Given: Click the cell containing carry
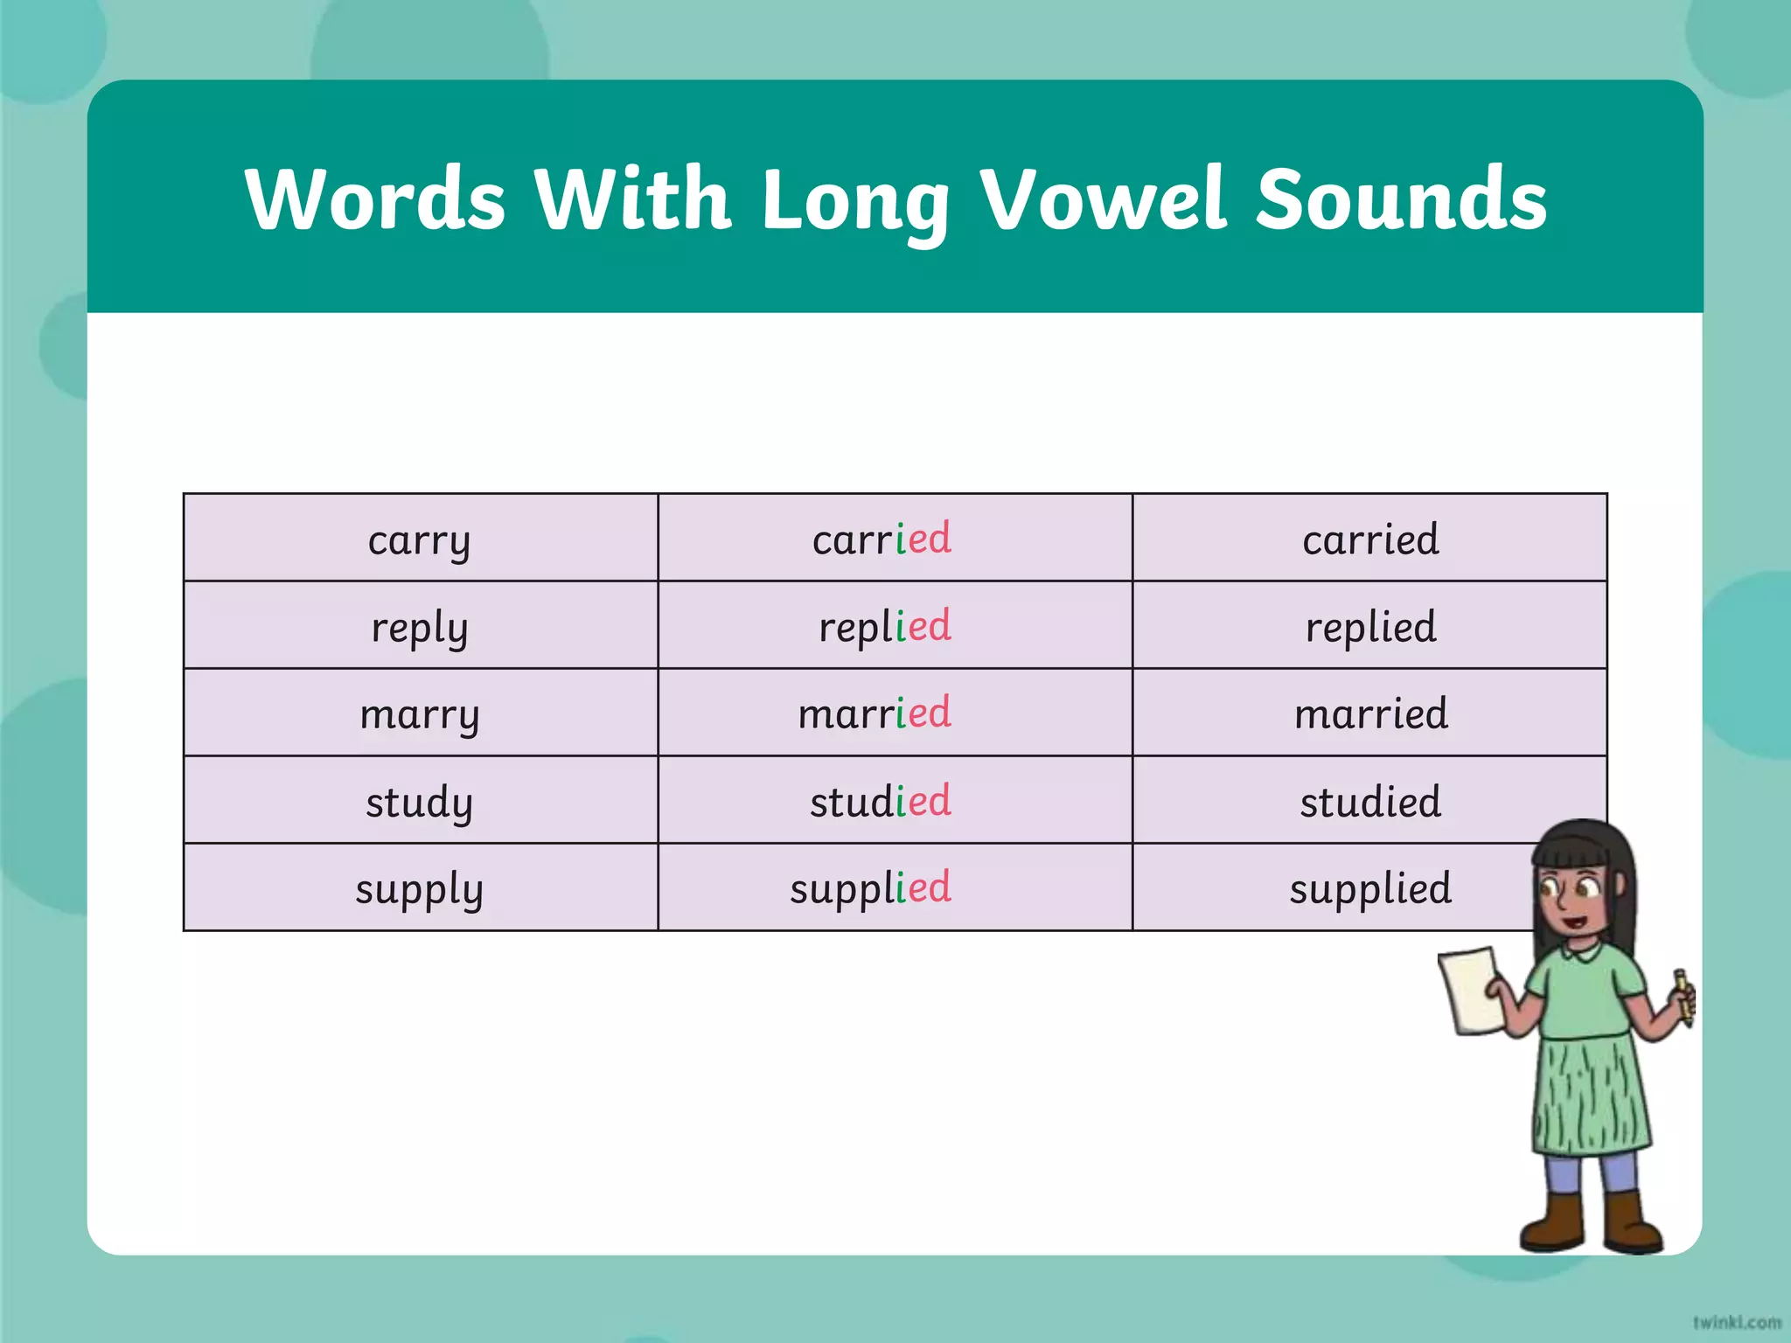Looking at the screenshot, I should [420, 539].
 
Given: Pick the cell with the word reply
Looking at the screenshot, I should [420, 626].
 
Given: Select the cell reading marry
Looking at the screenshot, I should [420, 713].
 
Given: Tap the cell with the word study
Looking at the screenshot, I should [420, 801].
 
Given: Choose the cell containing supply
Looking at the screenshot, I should [420, 888].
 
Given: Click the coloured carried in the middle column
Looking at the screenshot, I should [882, 539].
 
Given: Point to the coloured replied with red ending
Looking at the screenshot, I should [884, 626].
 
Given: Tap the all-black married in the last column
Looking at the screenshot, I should [1370, 713].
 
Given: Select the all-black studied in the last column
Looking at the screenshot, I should [1370, 801].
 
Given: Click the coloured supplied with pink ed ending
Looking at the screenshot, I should [870, 888].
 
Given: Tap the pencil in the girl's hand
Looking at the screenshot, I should [1683, 997].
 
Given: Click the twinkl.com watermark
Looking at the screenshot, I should [1736, 1322].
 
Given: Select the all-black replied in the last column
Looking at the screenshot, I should [1370, 626].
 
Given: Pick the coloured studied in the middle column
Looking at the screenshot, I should [880, 801].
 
